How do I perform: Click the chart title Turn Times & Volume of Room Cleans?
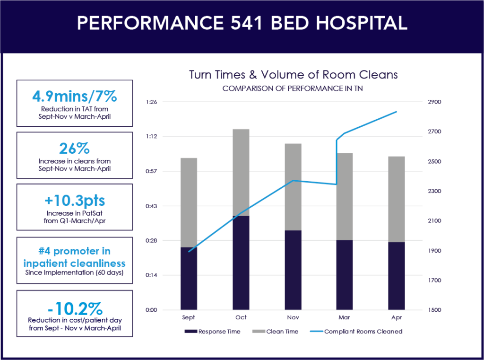point(293,75)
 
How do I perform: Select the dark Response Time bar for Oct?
point(241,263)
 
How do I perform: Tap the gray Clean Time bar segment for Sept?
point(189,202)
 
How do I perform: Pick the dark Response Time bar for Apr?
point(396,276)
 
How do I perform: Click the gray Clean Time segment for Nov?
point(293,187)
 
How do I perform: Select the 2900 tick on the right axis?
point(434,102)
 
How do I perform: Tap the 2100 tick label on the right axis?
point(434,221)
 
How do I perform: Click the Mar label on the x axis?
point(345,317)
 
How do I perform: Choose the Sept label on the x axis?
point(189,317)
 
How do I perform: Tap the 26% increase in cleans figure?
point(74,149)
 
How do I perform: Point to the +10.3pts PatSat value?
point(74,201)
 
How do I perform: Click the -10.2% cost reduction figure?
point(74,309)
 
